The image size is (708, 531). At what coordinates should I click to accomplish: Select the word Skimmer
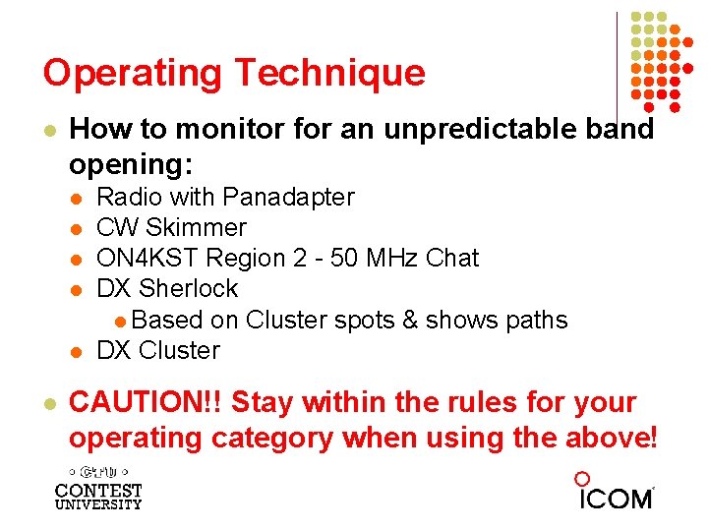(196, 227)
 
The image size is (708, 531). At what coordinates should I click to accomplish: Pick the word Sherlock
(189, 288)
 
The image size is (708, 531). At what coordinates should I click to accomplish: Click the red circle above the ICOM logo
(582, 479)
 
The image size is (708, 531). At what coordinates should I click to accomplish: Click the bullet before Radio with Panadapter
(76, 198)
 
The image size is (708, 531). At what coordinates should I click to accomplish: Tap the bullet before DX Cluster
(76, 351)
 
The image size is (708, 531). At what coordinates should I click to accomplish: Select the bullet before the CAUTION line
(48, 404)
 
